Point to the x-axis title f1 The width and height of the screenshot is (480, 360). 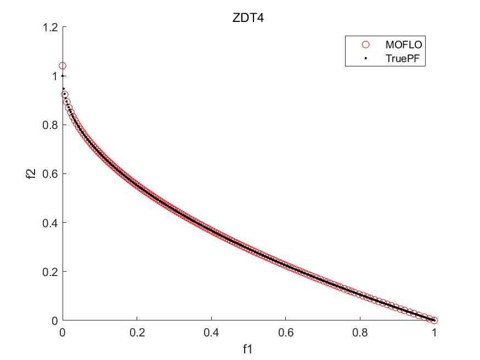(x=248, y=348)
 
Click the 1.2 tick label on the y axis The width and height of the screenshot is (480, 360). (x=50, y=27)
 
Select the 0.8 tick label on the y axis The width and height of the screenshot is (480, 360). (x=50, y=125)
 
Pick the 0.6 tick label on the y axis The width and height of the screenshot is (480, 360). (x=50, y=173)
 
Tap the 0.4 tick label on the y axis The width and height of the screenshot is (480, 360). (x=50, y=222)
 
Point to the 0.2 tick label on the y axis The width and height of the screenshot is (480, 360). (x=50, y=271)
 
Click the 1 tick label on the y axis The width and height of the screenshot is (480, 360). (x=55, y=76)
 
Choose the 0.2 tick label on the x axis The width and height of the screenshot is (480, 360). (x=137, y=332)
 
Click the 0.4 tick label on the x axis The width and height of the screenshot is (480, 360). (x=211, y=332)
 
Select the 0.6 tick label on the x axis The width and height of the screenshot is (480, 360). (x=285, y=332)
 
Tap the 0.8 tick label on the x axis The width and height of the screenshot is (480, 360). (x=360, y=332)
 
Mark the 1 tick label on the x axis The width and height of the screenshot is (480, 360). (x=434, y=332)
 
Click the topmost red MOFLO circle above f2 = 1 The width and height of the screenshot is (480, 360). (x=63, y=66)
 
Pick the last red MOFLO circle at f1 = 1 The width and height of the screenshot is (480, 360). (x=434, y=320)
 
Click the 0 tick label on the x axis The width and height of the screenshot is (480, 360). (x=63, y=332)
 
